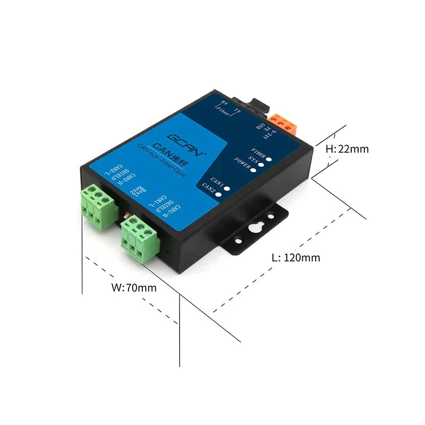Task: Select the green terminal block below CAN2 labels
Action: [99, 205]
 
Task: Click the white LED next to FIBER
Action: [270, 158]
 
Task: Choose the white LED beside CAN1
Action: [227, 187]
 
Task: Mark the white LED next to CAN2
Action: [218, 194]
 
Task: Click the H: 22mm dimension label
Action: [346, 149]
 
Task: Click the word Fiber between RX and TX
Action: [226, 112]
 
